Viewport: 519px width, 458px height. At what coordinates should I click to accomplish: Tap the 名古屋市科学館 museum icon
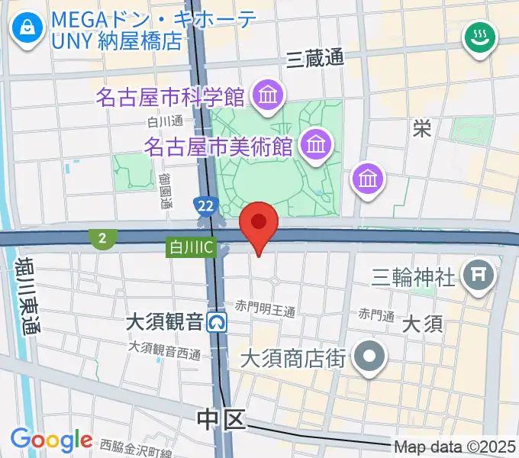268,96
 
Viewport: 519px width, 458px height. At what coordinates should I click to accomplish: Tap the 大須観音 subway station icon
218,323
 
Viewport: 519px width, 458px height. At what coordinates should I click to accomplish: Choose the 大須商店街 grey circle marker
372,356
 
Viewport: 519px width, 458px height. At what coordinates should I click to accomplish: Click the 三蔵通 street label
314,57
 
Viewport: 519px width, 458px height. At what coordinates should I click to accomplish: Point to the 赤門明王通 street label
265,309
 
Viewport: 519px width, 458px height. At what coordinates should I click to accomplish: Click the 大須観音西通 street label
164,352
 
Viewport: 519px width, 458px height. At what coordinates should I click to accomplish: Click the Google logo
51,439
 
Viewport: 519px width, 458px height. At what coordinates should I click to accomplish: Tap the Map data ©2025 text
456,447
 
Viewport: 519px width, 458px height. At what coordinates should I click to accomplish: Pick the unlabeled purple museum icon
369,179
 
